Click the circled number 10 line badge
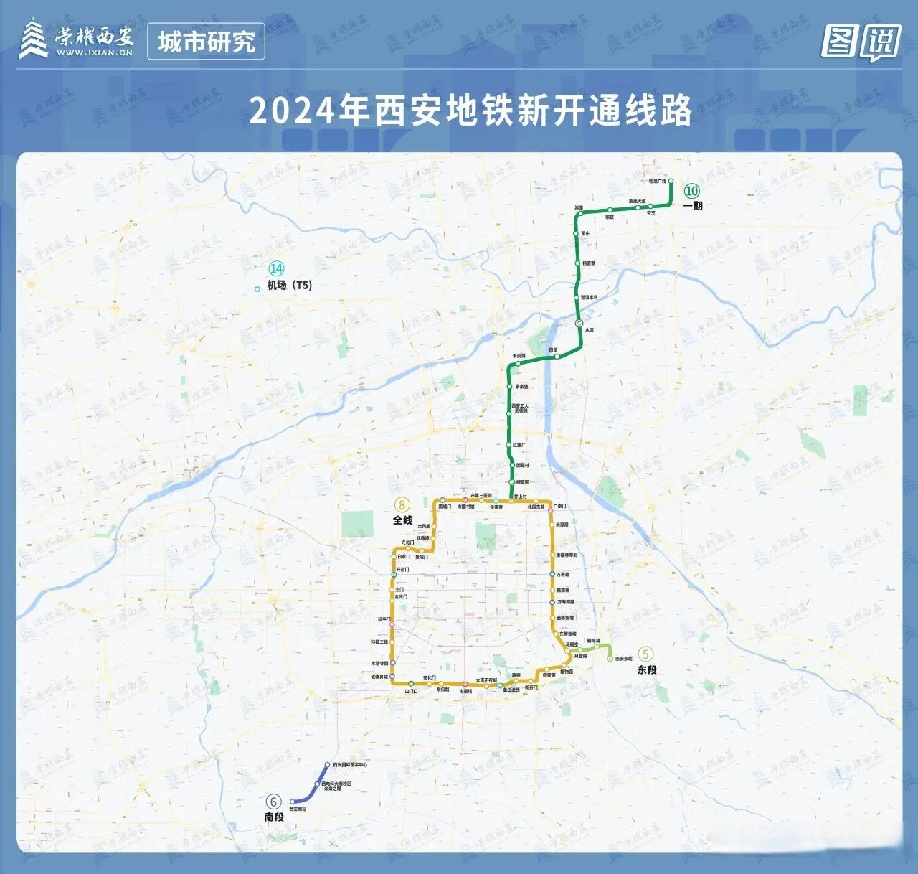pyautogui.click(x=691, y=191)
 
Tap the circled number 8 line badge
pyautogui.click(x=402, y=504)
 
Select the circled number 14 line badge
pyautogui.click(x=276, y=268)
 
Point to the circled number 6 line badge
pyautogui.click(x=273, y=802)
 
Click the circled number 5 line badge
pyautogui.click(x=646, y=654)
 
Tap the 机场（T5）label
pyautogui.click(x=290, y=285)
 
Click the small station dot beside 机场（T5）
pyautogui.click(x=257, y=289)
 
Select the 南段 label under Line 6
pyautogui.click(x=274, y=817)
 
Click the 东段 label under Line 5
pyautogui.click(x=647, y=669)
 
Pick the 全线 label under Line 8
pyautogui.click(x=402, y=520)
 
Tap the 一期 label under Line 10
pyautogui.click(x=693, y=206)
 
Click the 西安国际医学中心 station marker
pyautogui.click(x=327, y=766)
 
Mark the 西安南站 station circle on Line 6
pyautogui.click(x=293, y=802)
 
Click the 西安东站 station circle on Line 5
pyautogui.click(x=610, y=659)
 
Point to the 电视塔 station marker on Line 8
pyautogui.click(x=465, y=685)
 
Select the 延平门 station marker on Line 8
pyautogui.click(x=392, y=619)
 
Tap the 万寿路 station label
pyautogui.click(x=563, y=575)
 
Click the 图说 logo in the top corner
pyautogui.click(x=861, y=42)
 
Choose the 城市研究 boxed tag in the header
pyautogui.click(x=206, y=42)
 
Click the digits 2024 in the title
pyautogui.click(x=293, y=111)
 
